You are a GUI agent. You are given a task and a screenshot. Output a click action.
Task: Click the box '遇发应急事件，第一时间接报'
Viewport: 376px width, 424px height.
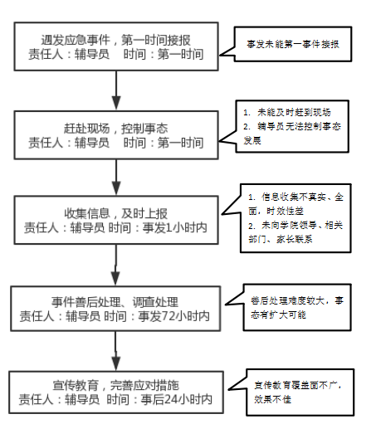[116, 46]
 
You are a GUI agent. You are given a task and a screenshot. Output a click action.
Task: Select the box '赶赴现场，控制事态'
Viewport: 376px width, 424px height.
[116, 135]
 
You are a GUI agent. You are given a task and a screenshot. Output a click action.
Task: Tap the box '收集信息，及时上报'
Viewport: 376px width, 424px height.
[116, 220]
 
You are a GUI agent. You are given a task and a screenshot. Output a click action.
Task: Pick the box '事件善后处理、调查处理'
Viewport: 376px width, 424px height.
[115, 309]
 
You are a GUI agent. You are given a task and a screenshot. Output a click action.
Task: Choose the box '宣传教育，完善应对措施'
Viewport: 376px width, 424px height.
[116, 392]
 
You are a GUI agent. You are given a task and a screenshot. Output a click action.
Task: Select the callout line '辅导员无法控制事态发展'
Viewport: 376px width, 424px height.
[292, 134]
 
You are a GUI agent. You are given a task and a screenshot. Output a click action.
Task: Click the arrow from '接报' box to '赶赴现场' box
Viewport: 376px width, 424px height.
[116, 90]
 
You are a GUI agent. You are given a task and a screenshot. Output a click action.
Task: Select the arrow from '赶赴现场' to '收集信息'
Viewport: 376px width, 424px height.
[116, 178]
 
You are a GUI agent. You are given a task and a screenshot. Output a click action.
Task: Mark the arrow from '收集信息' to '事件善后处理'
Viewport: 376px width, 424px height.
[115, 266]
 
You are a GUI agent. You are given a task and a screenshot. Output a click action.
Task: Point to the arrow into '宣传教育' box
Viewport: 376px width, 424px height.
[116, 351]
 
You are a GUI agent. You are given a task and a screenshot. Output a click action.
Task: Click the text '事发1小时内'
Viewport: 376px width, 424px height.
[174, 228]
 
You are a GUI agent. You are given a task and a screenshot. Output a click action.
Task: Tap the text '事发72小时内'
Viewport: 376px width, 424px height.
[173, 316]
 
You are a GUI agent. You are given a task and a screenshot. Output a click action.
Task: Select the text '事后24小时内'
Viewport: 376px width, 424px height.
[176, 399]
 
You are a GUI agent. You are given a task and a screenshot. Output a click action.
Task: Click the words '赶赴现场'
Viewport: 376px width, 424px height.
[87, 129]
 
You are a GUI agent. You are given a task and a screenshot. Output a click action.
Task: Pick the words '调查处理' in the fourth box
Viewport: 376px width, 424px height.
[155, 302]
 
